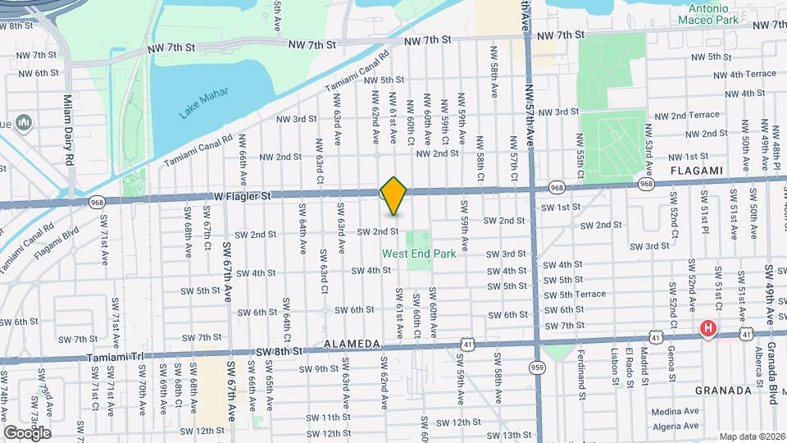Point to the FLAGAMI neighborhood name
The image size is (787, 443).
(697, 171)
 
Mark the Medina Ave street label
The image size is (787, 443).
(676, 411)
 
